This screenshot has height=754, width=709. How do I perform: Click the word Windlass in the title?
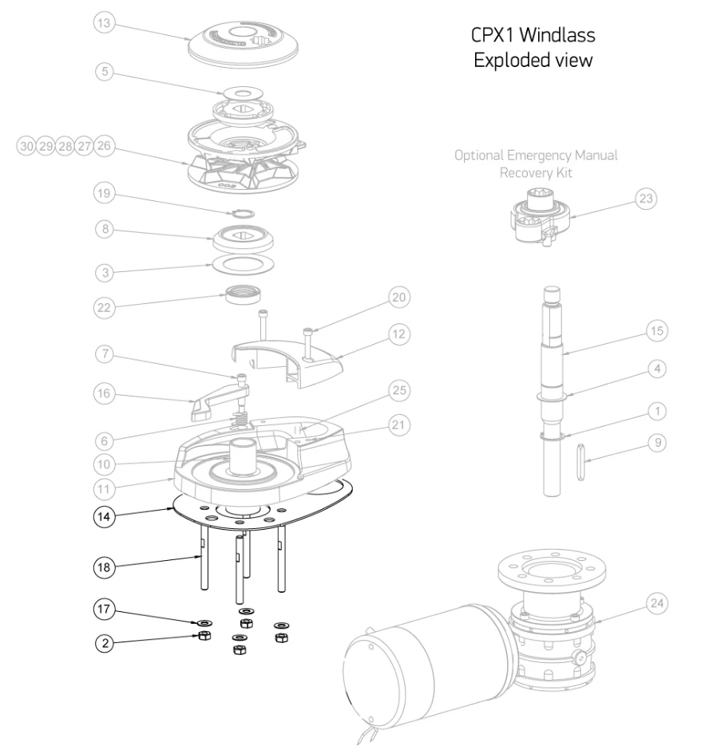click(560, 37)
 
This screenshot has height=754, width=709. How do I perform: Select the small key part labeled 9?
click(579, 464)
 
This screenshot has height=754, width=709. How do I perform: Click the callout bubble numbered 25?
click(398, 391)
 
